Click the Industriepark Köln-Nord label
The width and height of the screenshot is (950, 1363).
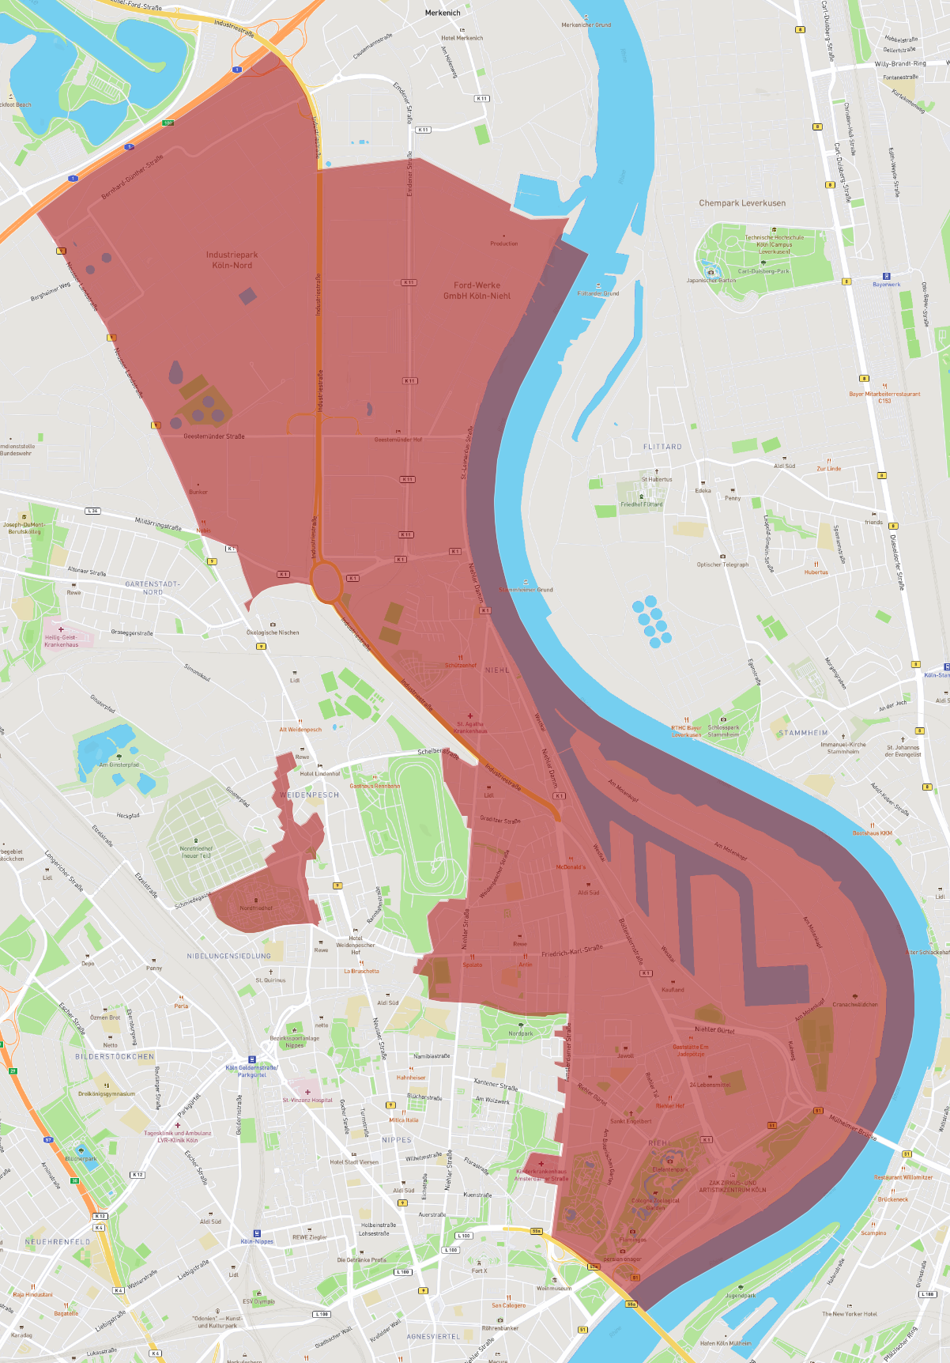232,260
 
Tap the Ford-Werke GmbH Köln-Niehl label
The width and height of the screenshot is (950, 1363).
477,291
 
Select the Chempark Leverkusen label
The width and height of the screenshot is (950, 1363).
742,203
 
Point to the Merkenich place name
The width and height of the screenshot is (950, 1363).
443,13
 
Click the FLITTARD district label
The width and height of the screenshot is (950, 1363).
662,447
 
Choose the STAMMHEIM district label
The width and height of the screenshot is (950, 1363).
803,733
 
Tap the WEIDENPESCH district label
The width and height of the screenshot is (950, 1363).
309,795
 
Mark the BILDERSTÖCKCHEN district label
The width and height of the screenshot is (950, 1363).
115,1056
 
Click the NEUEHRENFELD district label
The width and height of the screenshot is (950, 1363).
58,1242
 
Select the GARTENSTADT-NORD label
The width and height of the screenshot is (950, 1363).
153,588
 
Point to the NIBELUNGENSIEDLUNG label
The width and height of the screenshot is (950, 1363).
228,956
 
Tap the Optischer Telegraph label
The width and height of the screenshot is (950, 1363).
722,564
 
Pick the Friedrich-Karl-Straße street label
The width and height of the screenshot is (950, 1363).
572,951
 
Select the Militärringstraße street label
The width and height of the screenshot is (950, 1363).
158,524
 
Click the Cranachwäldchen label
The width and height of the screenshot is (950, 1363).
854,1005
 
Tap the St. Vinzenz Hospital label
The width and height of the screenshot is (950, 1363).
307,1100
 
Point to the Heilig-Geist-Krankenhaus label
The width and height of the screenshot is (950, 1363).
61,641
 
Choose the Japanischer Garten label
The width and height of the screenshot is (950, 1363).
711,280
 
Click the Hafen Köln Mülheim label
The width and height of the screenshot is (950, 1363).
726,1343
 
